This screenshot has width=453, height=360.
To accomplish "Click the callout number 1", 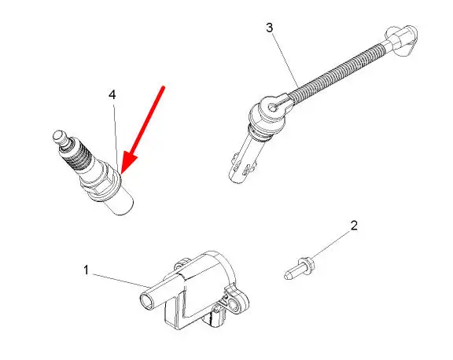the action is (x=86, y=270).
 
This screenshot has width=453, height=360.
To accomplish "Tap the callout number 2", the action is (x=354, y=226).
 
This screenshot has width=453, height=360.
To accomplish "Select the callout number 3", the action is (x=269, y=28).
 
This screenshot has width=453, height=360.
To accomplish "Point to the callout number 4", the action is (x=112, y=94).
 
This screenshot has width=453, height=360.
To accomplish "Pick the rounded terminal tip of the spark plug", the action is (x=59, y=136).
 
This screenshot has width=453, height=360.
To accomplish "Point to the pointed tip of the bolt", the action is (x=287, y=276).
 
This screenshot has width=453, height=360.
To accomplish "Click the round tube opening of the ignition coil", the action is (x=147, y=303).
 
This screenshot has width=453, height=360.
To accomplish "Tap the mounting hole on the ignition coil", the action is (x=234, y=303).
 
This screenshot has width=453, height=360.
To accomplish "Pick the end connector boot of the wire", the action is (x=402, y=39).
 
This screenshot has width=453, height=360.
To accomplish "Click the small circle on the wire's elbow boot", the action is (x=272, y=108).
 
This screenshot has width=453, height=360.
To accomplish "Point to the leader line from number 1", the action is (x=121, y=281).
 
